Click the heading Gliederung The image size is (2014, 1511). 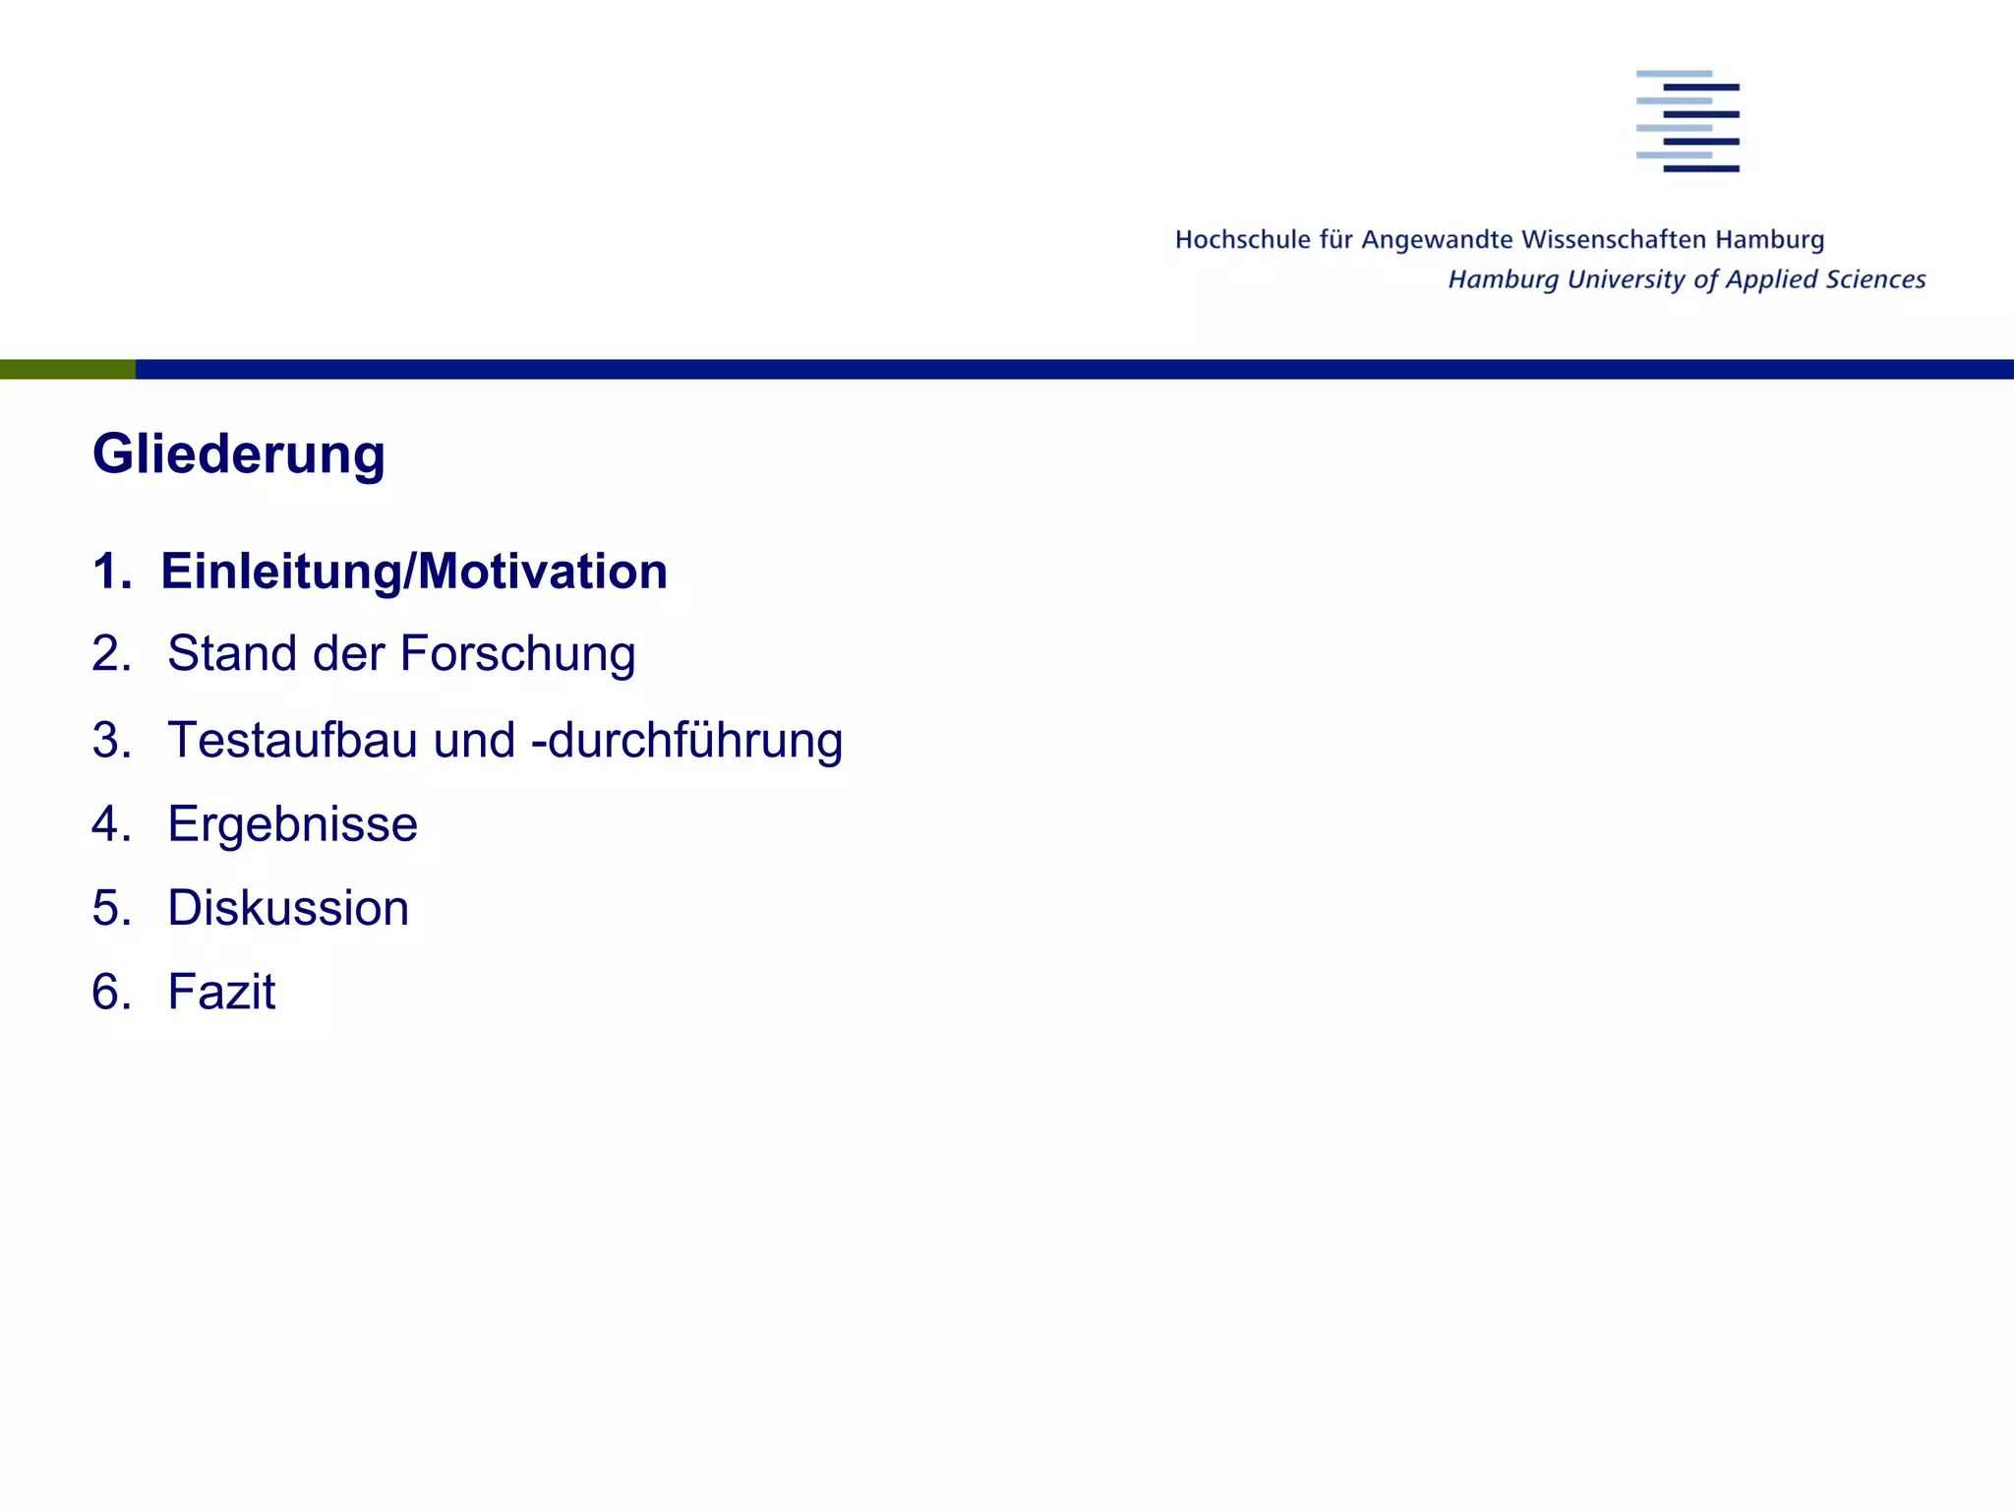tap(239, 454)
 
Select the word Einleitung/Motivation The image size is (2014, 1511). tap(414, 572)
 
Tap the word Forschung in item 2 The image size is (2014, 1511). tap(517, 654)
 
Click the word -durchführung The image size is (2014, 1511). tap(686, 740)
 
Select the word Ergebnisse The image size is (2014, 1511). tap(292, 824)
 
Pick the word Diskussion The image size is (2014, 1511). tap(288, 908)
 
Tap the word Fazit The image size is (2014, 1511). tap(221, 992)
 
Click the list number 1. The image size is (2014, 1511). tap(111, 572)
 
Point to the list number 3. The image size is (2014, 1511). tap(111, 740)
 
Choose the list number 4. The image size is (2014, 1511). tap(111, 824)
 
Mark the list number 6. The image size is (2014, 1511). tap(111, 992)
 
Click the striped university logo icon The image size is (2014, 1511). tap(1688, 121)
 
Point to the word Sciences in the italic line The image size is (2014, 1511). tap(1876, 280)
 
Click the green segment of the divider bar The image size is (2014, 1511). tap(67, 370)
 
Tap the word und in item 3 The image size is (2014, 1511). tap(474, 740)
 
